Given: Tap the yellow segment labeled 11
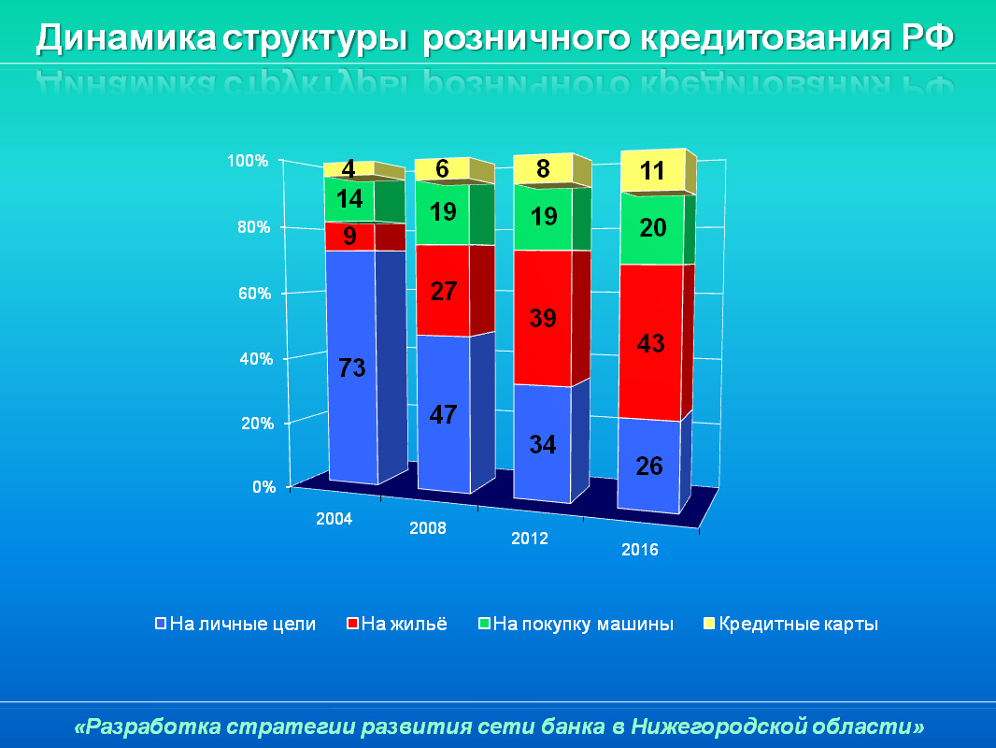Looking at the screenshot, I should click(652, 171).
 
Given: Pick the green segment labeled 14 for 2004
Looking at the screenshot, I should click(349, 199).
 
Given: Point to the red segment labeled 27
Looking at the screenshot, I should click(443, 291).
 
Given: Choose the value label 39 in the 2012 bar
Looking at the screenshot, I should click(542, 318).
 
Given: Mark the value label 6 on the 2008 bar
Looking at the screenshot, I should click(443, 169).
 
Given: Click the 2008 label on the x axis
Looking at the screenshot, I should click(428, 528).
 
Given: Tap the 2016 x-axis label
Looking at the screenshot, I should click(640, 550).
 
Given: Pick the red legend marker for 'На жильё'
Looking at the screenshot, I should click(352, 624).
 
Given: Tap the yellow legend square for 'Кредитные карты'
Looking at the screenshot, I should click(708, 624).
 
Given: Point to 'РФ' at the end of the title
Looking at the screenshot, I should click(931, 38).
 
